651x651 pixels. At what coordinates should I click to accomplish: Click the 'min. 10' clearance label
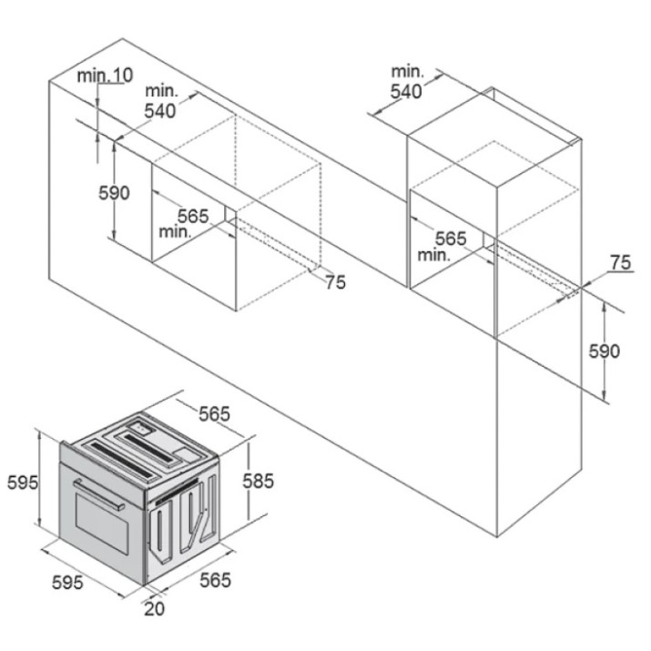(105, 76)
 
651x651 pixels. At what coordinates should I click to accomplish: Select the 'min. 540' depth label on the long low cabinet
(161, 101)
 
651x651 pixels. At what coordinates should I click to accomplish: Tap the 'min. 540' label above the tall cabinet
(407, 82)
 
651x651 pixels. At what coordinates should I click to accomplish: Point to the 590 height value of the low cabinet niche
(114, 193)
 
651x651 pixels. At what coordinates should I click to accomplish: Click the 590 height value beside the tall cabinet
(604, 351)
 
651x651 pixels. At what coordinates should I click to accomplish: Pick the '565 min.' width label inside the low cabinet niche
(184, 223)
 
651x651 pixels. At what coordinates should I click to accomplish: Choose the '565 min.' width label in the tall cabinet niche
(442, 246)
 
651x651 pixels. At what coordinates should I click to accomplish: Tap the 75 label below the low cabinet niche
(335, 282)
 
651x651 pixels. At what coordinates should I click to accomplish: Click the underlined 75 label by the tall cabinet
(621, 263)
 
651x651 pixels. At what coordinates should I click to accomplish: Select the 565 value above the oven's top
(214, 414)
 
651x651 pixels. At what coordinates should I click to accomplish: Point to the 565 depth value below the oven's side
(215, 580)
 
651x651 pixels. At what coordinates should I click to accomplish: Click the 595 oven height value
(23, 483)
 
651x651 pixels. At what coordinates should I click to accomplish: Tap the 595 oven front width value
(67, 583)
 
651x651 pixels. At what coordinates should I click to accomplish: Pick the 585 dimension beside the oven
(259, 481)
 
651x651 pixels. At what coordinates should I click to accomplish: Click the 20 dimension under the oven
(155, 608)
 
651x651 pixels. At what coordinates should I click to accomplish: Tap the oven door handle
(99, 494)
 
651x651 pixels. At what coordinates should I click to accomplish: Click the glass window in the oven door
(102, 524)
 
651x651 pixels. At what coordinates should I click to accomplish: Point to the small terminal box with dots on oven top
(141, 427)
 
